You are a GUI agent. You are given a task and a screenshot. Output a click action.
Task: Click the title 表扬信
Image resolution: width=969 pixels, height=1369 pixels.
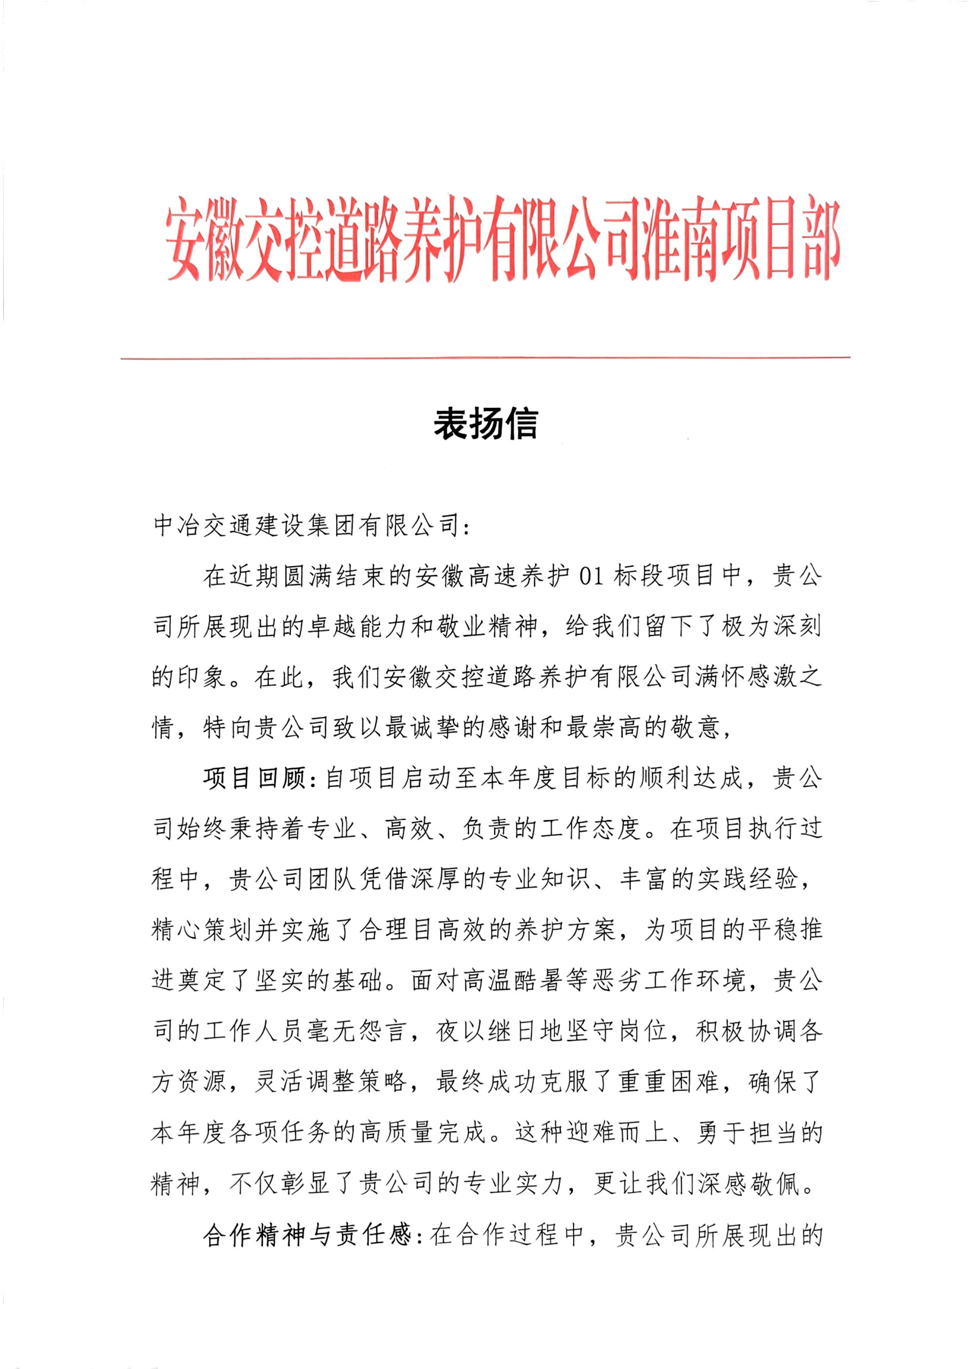[x=485, y=425]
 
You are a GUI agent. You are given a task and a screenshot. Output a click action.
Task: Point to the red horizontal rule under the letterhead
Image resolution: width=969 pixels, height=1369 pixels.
[x=485, y=358]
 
